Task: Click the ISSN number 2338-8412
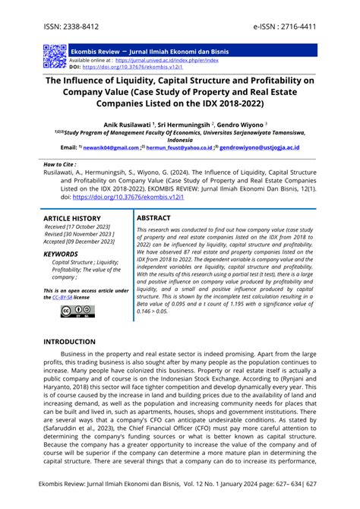coord(82,24)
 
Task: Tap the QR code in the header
coord(54,56)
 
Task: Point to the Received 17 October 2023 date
coord(78,226)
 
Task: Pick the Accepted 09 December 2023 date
coord(81,242)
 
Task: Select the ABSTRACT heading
coord(153,218)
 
